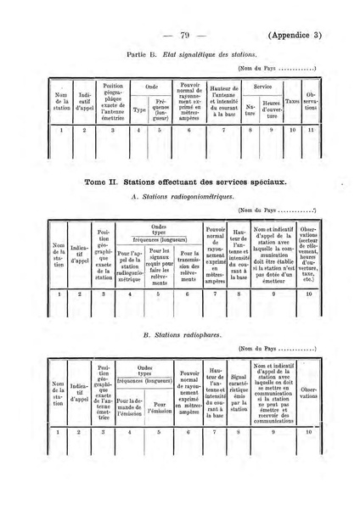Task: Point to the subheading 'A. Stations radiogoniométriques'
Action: [x=175, y=197]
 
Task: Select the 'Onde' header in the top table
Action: [x=153, y=87]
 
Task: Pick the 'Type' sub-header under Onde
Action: [x=140, y=109]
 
